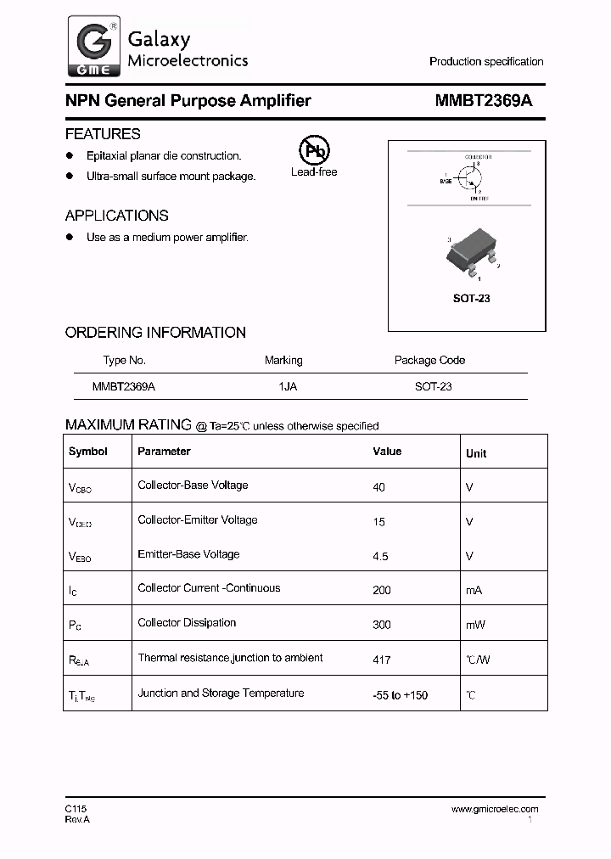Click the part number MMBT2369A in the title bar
coord(483,100)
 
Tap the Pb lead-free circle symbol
coord(313,151)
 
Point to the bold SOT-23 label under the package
coord(471,298)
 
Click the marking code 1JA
coord(287,385)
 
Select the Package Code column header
coord(429,360)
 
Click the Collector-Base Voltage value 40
coord(378,487)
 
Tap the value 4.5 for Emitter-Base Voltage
coord(380,556)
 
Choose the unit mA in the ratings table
coord(474,590)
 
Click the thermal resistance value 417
coord(381,660)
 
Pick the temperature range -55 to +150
coord(400,695)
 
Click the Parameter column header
coord(164,452)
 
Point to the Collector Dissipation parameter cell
coord(187,622)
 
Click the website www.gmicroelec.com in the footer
coord(494,809)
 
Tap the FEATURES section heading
coord(103,134)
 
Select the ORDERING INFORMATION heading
coord(155,333)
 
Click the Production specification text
coord(485,61)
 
